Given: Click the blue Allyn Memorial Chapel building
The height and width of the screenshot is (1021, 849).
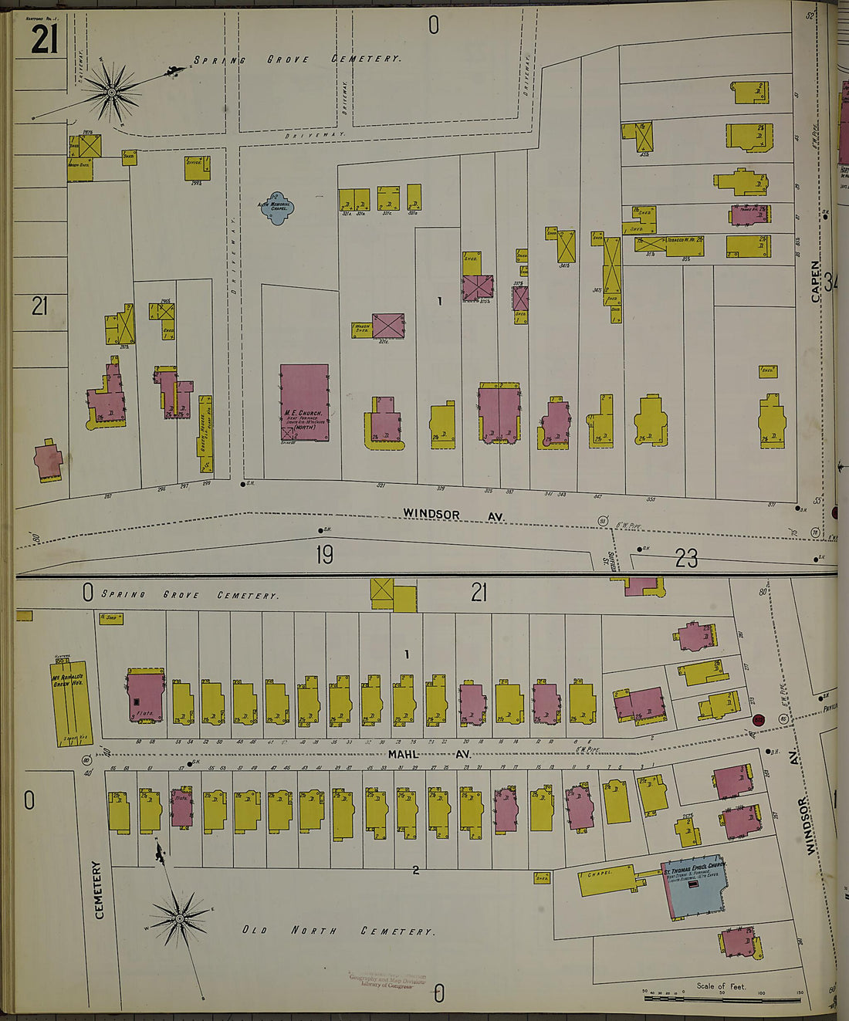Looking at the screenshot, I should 276,208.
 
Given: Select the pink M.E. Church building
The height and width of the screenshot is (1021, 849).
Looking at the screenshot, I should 304,403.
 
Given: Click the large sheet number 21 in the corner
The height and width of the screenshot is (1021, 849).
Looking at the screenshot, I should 44,39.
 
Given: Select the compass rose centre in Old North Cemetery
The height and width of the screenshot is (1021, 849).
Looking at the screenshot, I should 180,918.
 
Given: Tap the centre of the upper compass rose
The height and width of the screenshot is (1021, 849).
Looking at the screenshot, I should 112,93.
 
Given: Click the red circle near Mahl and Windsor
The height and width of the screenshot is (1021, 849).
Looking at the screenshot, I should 759,720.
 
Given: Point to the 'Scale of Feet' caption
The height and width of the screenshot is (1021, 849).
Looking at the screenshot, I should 721,986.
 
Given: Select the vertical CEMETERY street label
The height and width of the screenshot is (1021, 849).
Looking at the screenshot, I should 99,891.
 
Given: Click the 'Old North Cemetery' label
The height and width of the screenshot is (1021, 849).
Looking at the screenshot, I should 338,931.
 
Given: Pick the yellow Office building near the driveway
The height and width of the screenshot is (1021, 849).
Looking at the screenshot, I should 197,167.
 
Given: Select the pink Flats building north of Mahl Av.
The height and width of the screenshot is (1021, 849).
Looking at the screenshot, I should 145,696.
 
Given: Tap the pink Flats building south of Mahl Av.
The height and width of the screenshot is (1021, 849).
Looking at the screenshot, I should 181,807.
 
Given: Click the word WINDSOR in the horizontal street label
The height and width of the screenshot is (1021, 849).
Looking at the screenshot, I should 431,514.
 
